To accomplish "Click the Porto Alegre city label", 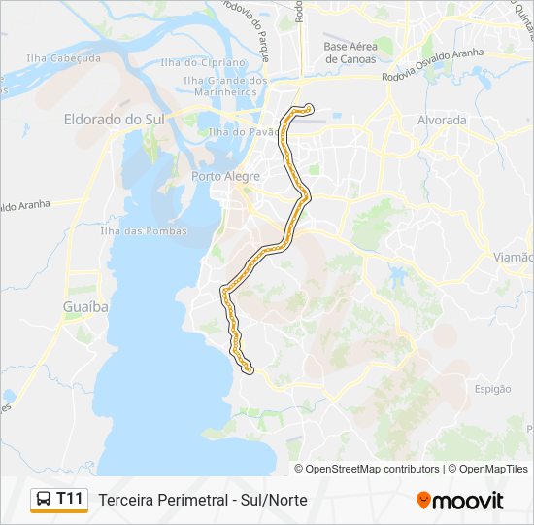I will click(x=225, y=176).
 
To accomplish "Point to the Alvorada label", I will click(x=441, y=120).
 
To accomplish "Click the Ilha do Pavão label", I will click(x=232, y=131).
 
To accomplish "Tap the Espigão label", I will click(x=493, y=389).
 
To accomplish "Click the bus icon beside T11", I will click(x=43, y=500).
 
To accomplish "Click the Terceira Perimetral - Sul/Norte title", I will click(x=203, y=500).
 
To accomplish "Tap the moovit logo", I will click(x=460, y=500).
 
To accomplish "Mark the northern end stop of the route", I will click(x=309, y=107).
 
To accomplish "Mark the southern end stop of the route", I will click(x=250, y=369).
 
